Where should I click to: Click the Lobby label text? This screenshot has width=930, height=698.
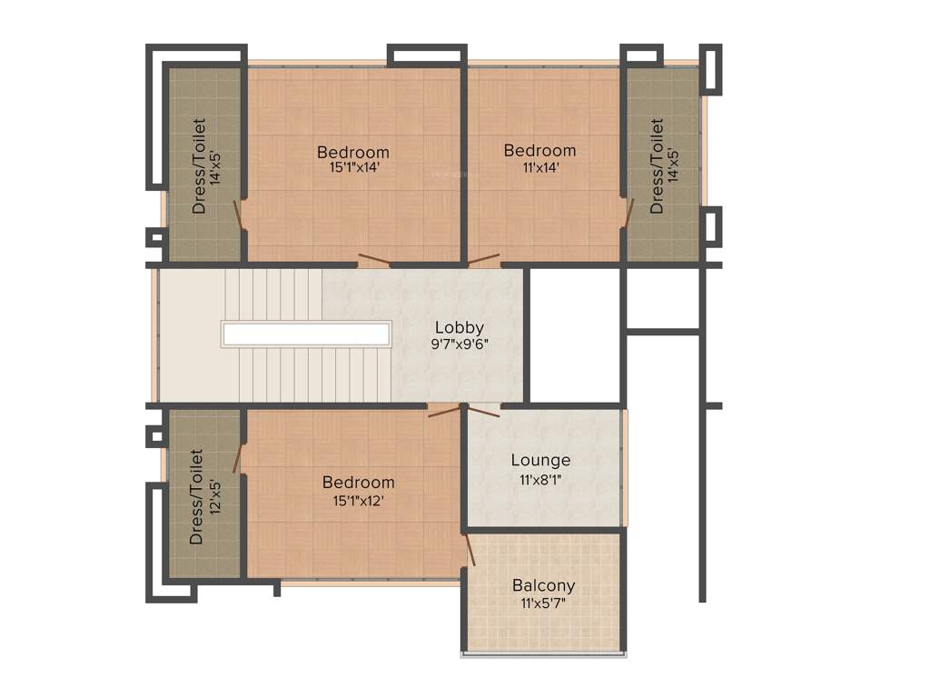pos(459,327)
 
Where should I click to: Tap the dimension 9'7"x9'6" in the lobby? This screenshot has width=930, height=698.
pos(460,344)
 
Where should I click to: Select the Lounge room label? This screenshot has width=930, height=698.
pos(540,461)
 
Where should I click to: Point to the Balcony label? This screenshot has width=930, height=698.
pos(543,586)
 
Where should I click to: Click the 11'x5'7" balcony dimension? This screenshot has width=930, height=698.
pos(543,603)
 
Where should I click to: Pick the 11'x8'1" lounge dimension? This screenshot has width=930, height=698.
pos(540,479)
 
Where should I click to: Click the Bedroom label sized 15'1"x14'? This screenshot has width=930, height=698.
pos(353,152)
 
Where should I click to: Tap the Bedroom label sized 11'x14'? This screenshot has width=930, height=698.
pos(539,150)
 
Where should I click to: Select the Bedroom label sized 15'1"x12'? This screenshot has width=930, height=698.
pos(359,483)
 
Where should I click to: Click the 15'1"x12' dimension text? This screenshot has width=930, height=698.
pos(359,499)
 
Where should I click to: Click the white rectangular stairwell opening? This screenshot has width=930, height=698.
pos(306,334)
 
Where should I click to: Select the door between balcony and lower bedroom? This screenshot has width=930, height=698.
pos(470,551)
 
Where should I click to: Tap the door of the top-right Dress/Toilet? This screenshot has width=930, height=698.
pos(628,211)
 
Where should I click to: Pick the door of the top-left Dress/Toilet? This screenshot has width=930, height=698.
pos(238,214)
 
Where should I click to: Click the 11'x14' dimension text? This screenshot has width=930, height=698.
pos(539,166)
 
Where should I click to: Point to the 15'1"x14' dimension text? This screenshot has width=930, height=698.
pos(353,167)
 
